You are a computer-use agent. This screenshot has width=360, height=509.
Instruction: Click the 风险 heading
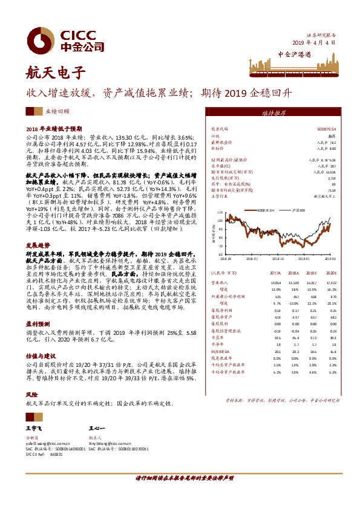(x=30, y=384)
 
